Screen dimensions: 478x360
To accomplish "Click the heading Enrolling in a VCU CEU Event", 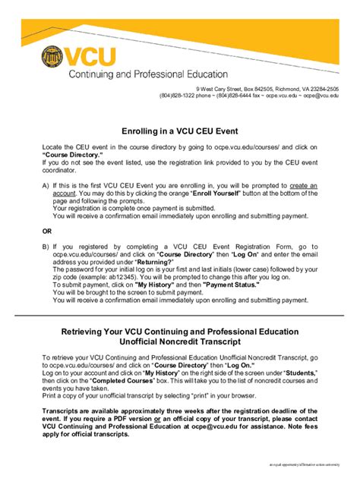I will click(x=180, y=130).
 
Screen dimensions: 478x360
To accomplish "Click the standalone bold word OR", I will click(x=48, y=231).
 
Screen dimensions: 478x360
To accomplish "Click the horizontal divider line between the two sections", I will click(x=180, y=314).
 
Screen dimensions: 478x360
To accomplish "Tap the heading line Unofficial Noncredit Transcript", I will click(x=180, y=342).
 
